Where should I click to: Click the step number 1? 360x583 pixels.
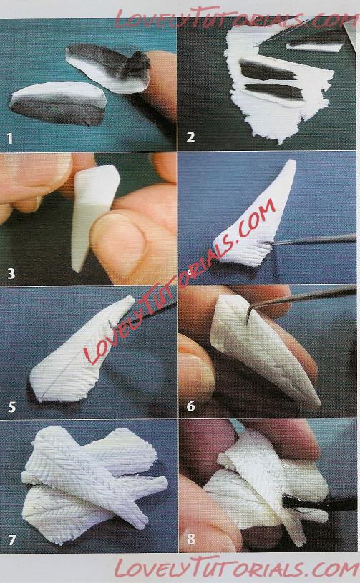10,139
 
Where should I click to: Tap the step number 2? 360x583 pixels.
190,137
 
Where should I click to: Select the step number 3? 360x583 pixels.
11,274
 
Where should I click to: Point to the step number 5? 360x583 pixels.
11,407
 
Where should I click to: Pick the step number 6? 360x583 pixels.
191,406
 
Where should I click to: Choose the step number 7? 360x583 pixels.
12,540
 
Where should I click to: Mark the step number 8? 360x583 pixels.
191,539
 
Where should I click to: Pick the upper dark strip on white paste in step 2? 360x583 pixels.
268,71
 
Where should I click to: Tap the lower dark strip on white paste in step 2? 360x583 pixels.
273,91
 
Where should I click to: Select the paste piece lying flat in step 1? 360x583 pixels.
58,103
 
